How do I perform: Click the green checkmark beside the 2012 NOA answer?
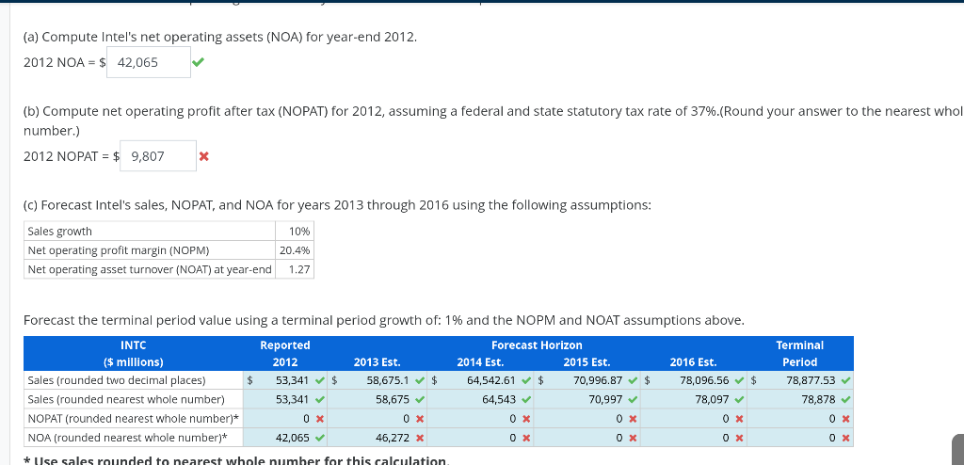click(x=198, y=63)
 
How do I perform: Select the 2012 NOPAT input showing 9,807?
click(x=155, y=156)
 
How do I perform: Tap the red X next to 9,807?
click(x=203, y=156)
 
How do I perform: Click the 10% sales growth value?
click(x=300, y=232)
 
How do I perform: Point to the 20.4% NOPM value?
click(x=295, y=250)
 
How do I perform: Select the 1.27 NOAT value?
click(x=299, y=269)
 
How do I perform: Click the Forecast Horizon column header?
click(x=536, y=345)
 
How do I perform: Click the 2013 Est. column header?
click(x=377, y=362)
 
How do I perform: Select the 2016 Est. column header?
click(x=693, y=362)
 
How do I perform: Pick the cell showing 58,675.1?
click(x=387, y=380)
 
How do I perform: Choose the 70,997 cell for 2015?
click(x=603, y=399)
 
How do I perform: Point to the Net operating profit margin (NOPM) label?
click(x=119, y=250)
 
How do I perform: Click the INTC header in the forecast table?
click(x=133, y=345)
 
